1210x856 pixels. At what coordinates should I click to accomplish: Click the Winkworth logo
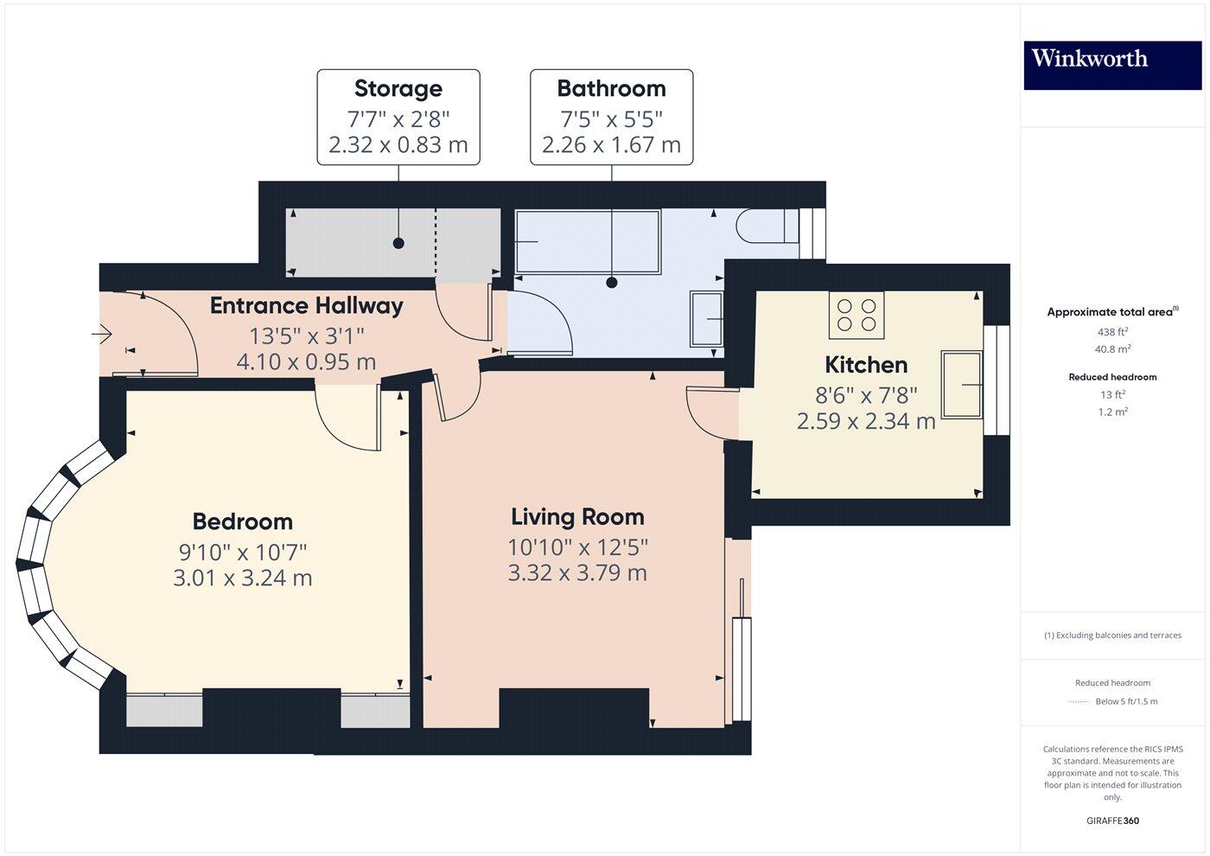[x=1089, y=59]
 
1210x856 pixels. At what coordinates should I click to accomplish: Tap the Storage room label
[x=398, y=88]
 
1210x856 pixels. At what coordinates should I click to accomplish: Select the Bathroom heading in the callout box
[x=611, y=88]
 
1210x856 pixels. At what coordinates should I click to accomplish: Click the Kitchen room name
[x=866, y=365]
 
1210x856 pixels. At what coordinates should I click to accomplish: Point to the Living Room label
[x=577, y=517]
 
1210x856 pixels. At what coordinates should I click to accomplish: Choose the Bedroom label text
[x=242, y=521]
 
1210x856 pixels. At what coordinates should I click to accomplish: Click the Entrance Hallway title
[x=306, y=305]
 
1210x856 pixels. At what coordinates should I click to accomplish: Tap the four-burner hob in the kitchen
[x=857, y=315]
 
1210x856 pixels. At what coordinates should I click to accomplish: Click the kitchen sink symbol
[x=962, y=384]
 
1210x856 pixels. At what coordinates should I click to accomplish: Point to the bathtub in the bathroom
[x=588, y=242]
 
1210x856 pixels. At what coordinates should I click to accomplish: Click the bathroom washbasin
[x=706, y=319]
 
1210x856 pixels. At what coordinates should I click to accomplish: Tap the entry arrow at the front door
[x=102, y=333]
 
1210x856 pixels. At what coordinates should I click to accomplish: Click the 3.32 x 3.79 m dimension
[x=577, y=572]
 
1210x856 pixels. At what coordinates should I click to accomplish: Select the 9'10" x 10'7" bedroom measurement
[x=242, y=552]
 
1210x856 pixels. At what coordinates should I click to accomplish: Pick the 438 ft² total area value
[x=1112, y=332]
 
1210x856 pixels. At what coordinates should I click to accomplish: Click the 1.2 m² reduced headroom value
[x=1112, y=412]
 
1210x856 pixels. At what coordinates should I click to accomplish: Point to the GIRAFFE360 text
[x=1112, y=821]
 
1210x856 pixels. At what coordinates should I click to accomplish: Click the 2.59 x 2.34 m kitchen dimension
[x=866, y=421]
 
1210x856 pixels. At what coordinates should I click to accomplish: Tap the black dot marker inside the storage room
[x=398, y=243]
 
